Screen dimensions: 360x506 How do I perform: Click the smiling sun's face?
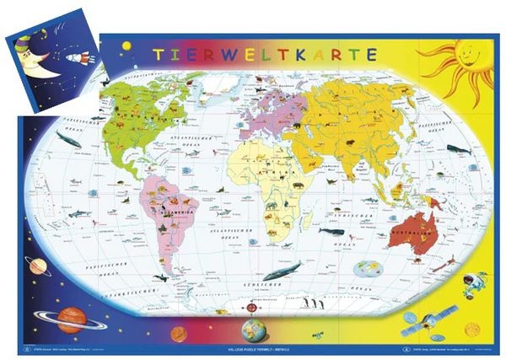coord(466,62)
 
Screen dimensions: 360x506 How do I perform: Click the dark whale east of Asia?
coord(457,149)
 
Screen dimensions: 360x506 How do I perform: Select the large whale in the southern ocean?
coord(281,272)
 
